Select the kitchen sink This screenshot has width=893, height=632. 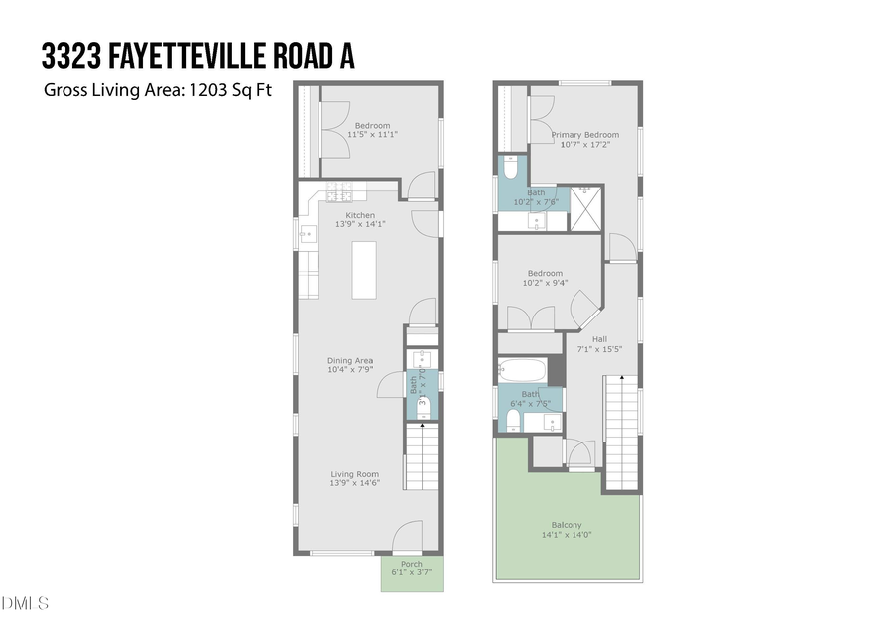[308, 235]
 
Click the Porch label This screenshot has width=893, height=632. [411, 564]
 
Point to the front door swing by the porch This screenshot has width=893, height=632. [408, 537]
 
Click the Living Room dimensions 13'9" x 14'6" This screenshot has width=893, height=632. [355, 486]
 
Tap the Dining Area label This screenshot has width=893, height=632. [350, 360]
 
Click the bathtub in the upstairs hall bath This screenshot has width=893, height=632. [521, 371]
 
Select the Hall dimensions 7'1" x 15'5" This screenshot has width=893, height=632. [599, 349]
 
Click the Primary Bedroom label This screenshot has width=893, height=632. [585, 135]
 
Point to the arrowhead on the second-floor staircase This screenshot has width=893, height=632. [621, 378]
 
